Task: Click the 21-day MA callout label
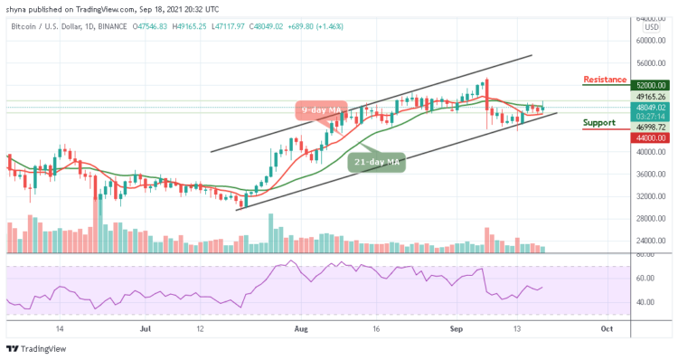pos(377,162)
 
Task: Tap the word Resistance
pos(604,80)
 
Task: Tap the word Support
pos(600,122)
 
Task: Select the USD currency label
pos(651,27)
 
